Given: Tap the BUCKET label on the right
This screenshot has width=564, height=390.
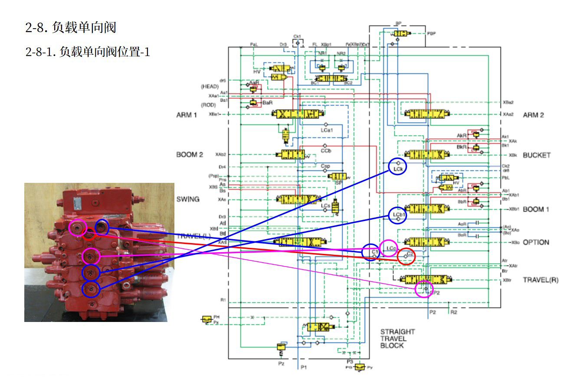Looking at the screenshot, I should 536,155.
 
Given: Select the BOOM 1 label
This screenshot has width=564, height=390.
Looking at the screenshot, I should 536,209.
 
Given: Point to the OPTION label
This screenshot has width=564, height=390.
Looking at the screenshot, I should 536,242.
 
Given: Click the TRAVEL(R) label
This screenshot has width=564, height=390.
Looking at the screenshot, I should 540,280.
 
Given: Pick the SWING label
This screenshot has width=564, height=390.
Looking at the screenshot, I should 187,199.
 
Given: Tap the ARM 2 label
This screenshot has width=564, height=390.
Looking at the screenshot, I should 533,115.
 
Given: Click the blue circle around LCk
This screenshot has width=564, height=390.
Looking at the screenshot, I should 397,166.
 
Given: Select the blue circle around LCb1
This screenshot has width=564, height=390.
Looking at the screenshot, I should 397,215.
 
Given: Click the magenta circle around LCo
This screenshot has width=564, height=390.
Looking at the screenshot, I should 388,248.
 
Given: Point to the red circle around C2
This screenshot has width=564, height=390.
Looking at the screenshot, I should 407,256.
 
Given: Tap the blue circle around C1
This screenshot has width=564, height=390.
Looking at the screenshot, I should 371,252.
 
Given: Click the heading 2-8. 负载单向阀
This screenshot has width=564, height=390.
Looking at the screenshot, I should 71,28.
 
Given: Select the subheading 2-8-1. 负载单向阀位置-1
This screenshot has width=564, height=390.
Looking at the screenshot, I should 88,52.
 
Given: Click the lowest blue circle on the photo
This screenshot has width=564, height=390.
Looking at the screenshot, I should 91,289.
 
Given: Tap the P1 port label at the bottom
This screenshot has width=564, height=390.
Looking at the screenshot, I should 304,367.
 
